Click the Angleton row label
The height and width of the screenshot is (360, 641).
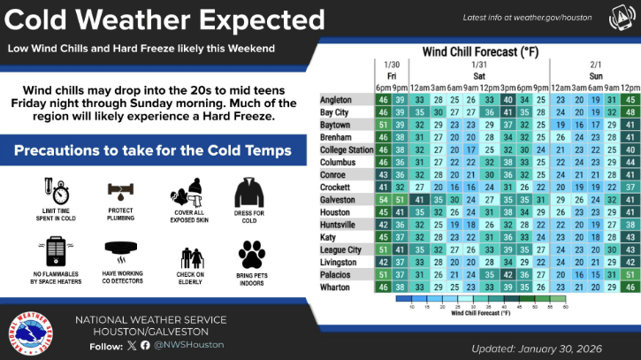click(336, 100)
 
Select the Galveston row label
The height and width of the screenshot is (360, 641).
click(338, 200)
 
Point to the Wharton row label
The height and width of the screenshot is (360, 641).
click(335, 287)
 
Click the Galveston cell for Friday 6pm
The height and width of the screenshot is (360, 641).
click(383, 200)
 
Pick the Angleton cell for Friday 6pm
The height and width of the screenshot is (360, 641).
click(383, 100)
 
